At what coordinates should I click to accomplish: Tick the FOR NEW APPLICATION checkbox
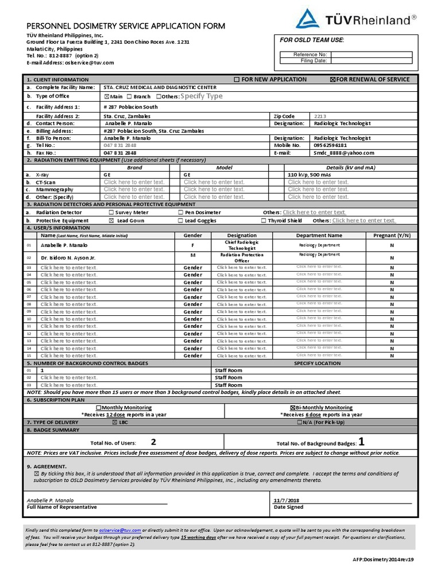coord(237,79)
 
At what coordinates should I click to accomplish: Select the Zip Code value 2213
coord(320,116)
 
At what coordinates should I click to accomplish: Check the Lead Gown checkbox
coord(111,220)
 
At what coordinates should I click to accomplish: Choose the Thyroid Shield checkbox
coord(264,220)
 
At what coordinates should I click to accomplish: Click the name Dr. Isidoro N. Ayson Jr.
coord(68,258)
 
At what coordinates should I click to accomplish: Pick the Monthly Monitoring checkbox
coord(98,407)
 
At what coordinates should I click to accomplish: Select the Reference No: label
coord(310,55)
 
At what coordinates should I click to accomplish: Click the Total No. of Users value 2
coord(153,442)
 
